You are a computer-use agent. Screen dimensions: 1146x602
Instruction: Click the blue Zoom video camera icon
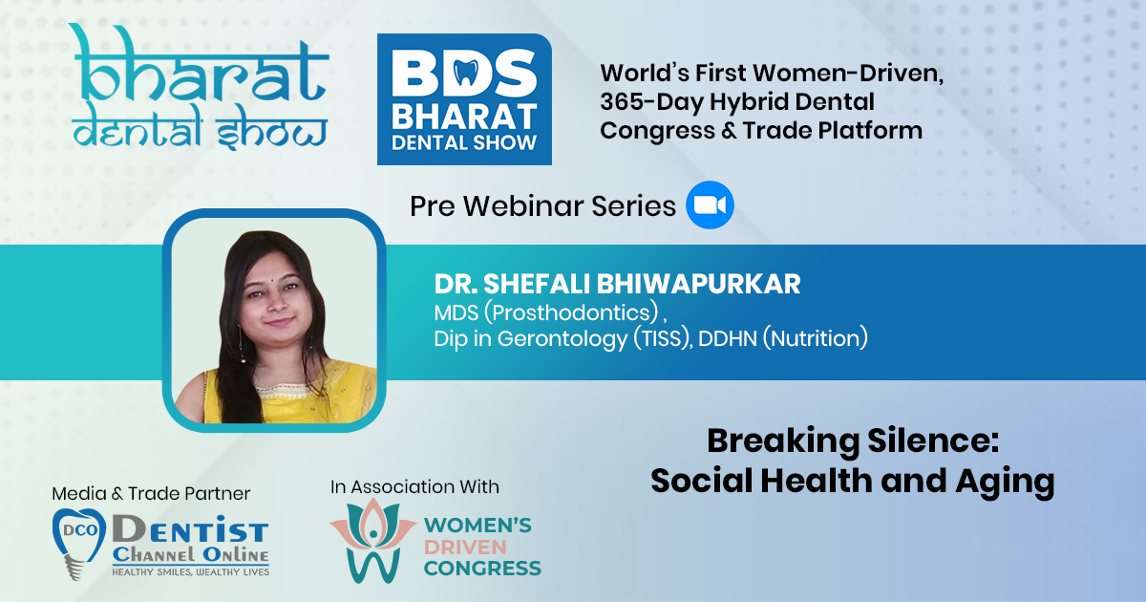tap(710, 204)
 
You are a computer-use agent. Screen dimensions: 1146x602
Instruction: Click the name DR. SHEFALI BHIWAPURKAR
tap(617, 284)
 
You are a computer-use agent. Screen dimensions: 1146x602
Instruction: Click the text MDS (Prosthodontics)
tap(546, 312)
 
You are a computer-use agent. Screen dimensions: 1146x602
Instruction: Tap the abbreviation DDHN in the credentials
tap(727, 338)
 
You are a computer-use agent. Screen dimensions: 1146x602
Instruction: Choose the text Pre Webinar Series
tap(542, 206)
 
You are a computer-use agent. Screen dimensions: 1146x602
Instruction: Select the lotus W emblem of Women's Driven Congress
tap(373, 540)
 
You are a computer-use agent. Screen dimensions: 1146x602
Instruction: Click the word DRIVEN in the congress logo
tap(465, 548)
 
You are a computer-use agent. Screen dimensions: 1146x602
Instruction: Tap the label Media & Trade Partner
tap(151, 493)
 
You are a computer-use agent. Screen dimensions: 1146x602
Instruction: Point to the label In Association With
tap(414, 486)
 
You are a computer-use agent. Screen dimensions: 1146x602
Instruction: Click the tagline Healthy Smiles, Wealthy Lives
tap(190, 571)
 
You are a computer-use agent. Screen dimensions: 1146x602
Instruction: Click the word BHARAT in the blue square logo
tap(464, 117)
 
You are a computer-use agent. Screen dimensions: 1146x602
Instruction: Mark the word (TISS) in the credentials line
tap(663, 338)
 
